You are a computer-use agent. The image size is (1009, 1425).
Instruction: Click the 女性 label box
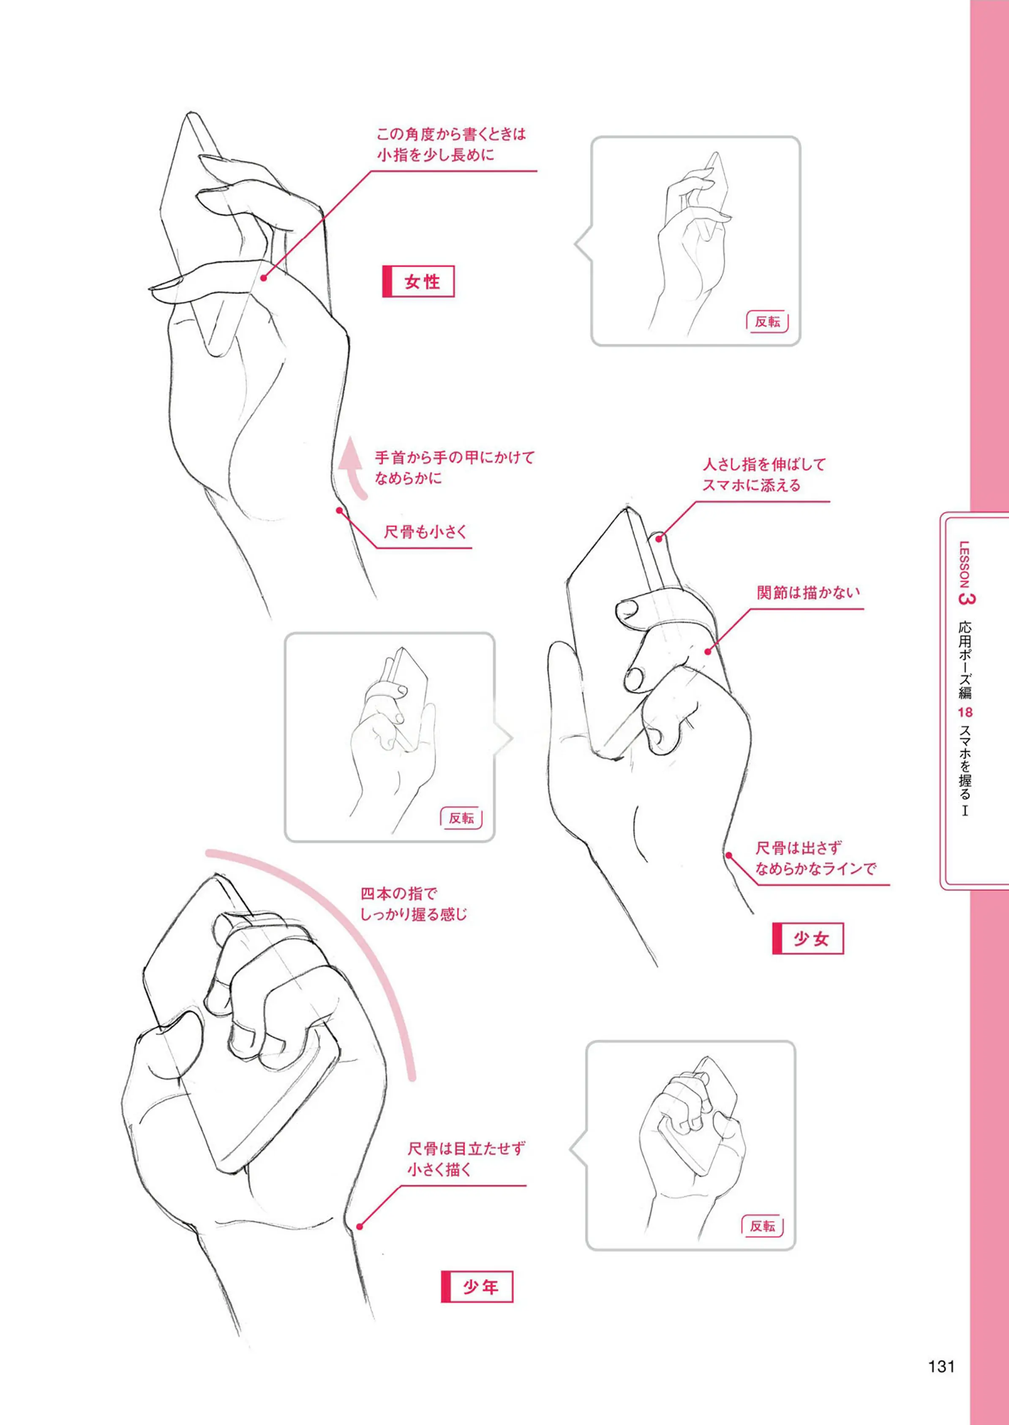click(x=418, y=281)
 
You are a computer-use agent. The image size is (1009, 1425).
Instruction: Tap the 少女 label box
click(x=808, y=938)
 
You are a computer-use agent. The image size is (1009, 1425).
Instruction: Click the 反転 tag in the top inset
click(x=767, y=321)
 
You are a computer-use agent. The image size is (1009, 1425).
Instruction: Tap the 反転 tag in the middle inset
click(x=461, y=817)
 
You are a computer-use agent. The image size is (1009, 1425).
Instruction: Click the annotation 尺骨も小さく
click(x=425, y=532)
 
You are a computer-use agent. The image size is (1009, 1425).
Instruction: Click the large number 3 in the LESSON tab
click(x=965, y=599)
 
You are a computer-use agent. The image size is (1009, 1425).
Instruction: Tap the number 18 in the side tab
click(x=965, y=712)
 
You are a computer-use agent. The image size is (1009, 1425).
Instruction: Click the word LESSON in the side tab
click(x=965, y=564)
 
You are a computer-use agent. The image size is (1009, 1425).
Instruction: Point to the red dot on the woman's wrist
click(x=340, y=511)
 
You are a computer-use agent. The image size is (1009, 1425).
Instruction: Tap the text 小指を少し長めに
click(x=435, y=155)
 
